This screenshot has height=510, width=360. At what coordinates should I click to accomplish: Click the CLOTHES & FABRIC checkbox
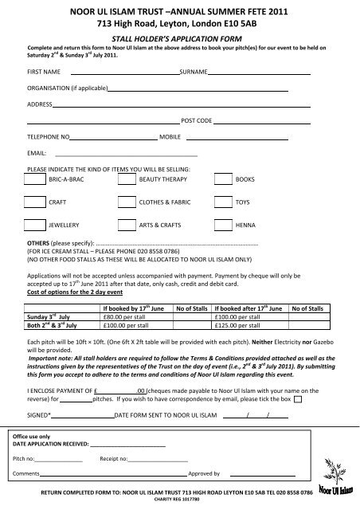click(126, 203)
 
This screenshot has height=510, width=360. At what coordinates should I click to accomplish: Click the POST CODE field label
click(197, 120)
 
